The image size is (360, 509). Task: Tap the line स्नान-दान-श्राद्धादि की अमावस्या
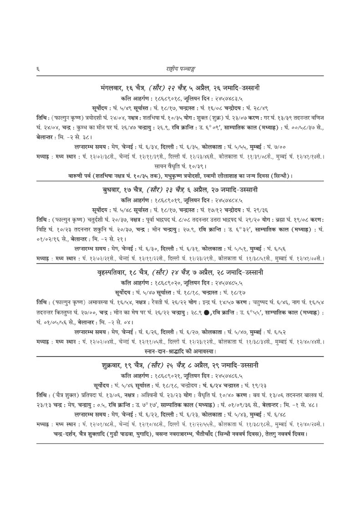coord(180,351)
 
